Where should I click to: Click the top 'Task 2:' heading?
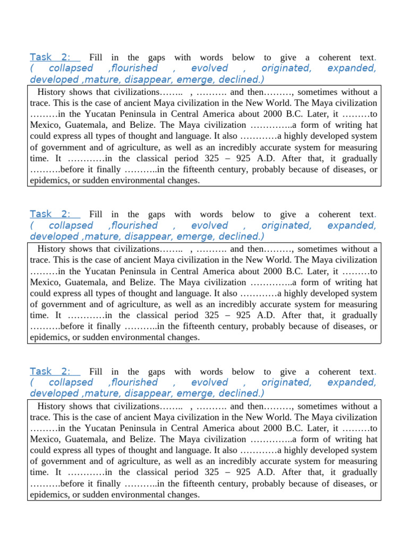[x=50, y=57]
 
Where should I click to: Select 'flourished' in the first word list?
[x=133, y=68]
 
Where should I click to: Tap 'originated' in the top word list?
[x=286, y=68]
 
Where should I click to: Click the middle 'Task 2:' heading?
[x=50, y=214]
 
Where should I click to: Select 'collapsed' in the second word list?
[x=71, y=225]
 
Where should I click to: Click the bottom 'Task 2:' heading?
[x=50, y=372]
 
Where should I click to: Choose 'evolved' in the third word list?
[x=209, y=383]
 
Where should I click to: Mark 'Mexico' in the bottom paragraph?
[x=45, y=439]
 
